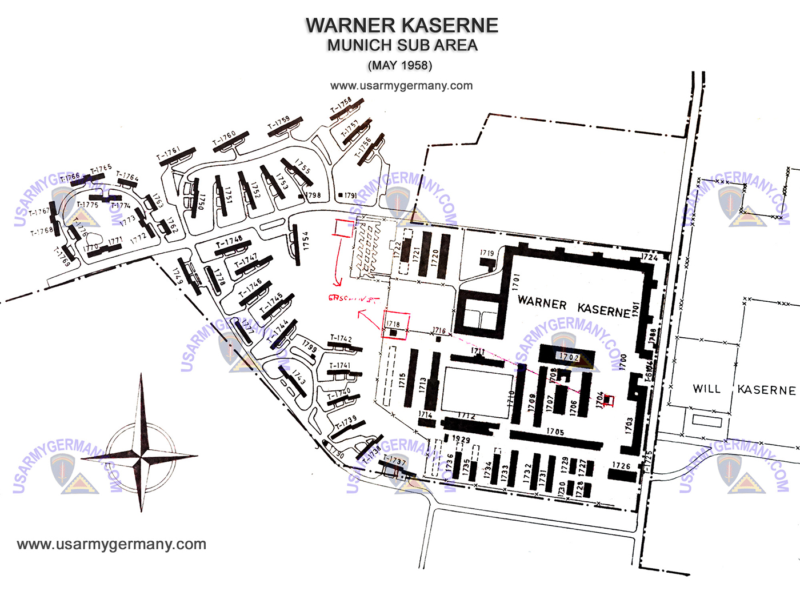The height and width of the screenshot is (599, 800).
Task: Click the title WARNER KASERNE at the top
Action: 401,25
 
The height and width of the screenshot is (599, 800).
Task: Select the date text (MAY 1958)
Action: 400,65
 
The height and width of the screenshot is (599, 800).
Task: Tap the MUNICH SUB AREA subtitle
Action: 402,45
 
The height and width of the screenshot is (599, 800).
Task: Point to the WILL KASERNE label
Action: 743,389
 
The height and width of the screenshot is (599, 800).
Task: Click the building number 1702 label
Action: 569,357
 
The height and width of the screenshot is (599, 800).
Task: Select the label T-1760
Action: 224,138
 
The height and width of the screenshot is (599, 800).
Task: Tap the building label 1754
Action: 306,241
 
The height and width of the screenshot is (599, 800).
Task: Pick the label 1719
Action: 487,253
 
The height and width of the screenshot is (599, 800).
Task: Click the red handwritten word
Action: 353,298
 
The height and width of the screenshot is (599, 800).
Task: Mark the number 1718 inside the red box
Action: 393,324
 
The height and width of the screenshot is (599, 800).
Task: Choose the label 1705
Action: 555,432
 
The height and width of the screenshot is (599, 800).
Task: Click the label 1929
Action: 461,439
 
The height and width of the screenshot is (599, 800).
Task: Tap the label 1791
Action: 350,195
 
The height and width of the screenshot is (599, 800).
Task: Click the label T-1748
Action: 229,242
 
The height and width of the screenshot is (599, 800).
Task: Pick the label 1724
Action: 649,257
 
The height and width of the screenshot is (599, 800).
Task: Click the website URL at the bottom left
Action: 111,544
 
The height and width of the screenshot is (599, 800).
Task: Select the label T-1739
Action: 346,422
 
